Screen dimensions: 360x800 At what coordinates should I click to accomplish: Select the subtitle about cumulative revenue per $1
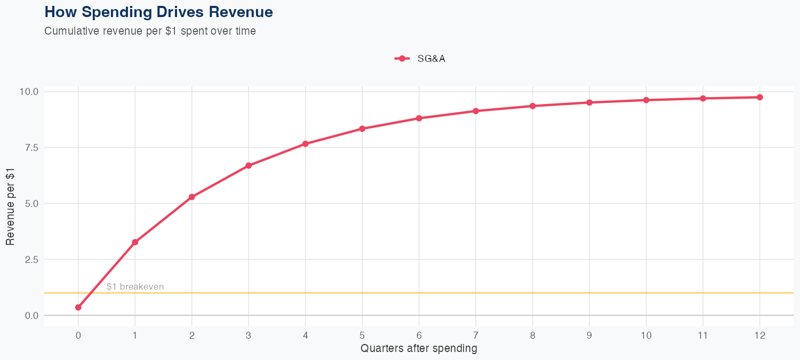click(150, 31)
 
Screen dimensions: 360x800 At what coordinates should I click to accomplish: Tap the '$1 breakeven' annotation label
click(135, 286)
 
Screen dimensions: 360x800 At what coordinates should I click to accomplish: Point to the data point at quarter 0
click(78, 307)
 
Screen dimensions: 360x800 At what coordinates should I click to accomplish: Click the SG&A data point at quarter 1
click(135, 242)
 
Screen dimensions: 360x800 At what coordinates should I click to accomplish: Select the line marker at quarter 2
click(192, 197)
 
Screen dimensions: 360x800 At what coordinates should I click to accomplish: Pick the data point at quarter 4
click(306, 144)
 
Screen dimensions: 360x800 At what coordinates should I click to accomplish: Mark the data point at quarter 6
click(419, 118)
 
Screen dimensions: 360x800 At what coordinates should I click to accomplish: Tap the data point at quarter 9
click(589, 102)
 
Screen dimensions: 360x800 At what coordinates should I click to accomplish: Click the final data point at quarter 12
click(759, 97)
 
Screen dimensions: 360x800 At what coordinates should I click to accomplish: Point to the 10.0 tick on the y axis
click(29, 92)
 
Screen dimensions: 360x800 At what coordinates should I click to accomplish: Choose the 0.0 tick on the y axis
click(31, 316)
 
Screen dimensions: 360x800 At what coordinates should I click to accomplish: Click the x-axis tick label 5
click(362, 335)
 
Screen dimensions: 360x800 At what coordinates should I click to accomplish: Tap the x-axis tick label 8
click(532, 335)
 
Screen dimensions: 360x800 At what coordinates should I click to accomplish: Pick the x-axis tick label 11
click(703, 335)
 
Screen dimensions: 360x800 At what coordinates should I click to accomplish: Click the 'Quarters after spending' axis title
click(419, 349)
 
